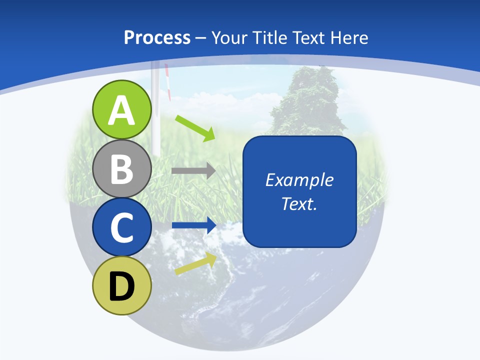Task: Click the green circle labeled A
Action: coord(122,109)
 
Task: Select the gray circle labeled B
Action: coord(122,169)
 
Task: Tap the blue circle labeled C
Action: coord(122,227)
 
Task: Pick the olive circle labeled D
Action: coord(122,286)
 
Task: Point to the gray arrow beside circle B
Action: coord(193,170)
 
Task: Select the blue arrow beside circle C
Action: coord(193,225)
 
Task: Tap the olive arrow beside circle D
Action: coord(195,263)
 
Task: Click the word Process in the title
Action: coord(157,37)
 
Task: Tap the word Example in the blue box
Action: coord(299,180)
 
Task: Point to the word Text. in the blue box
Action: coord(299,204)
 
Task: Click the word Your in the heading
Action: coord(227,37)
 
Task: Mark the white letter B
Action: coord(122,169)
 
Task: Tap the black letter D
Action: coord(122,286)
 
